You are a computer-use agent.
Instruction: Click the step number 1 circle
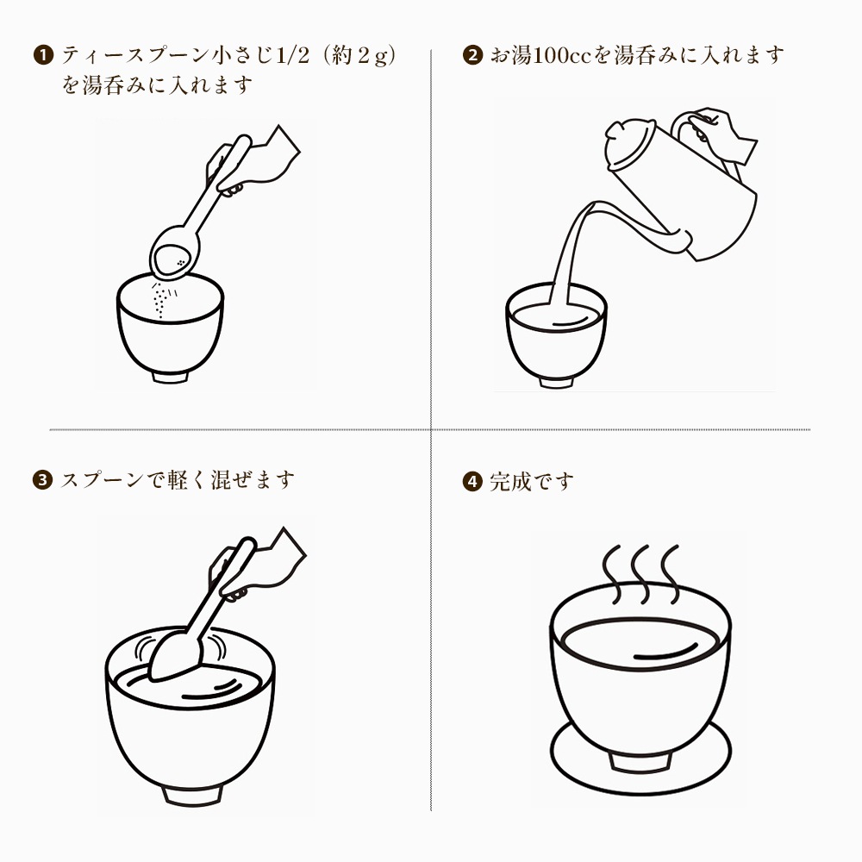point(43,55)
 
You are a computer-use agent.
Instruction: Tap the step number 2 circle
point(472,55)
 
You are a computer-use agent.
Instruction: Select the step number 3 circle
point(43,480)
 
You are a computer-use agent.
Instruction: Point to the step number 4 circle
point(472,482)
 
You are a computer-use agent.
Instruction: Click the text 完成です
point(531,482)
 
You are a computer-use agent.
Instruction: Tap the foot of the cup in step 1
point(171,376)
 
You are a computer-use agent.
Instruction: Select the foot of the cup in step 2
point(556,381)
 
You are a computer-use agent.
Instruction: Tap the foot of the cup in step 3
point(192,796)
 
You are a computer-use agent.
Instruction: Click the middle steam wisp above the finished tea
point(640,574)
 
